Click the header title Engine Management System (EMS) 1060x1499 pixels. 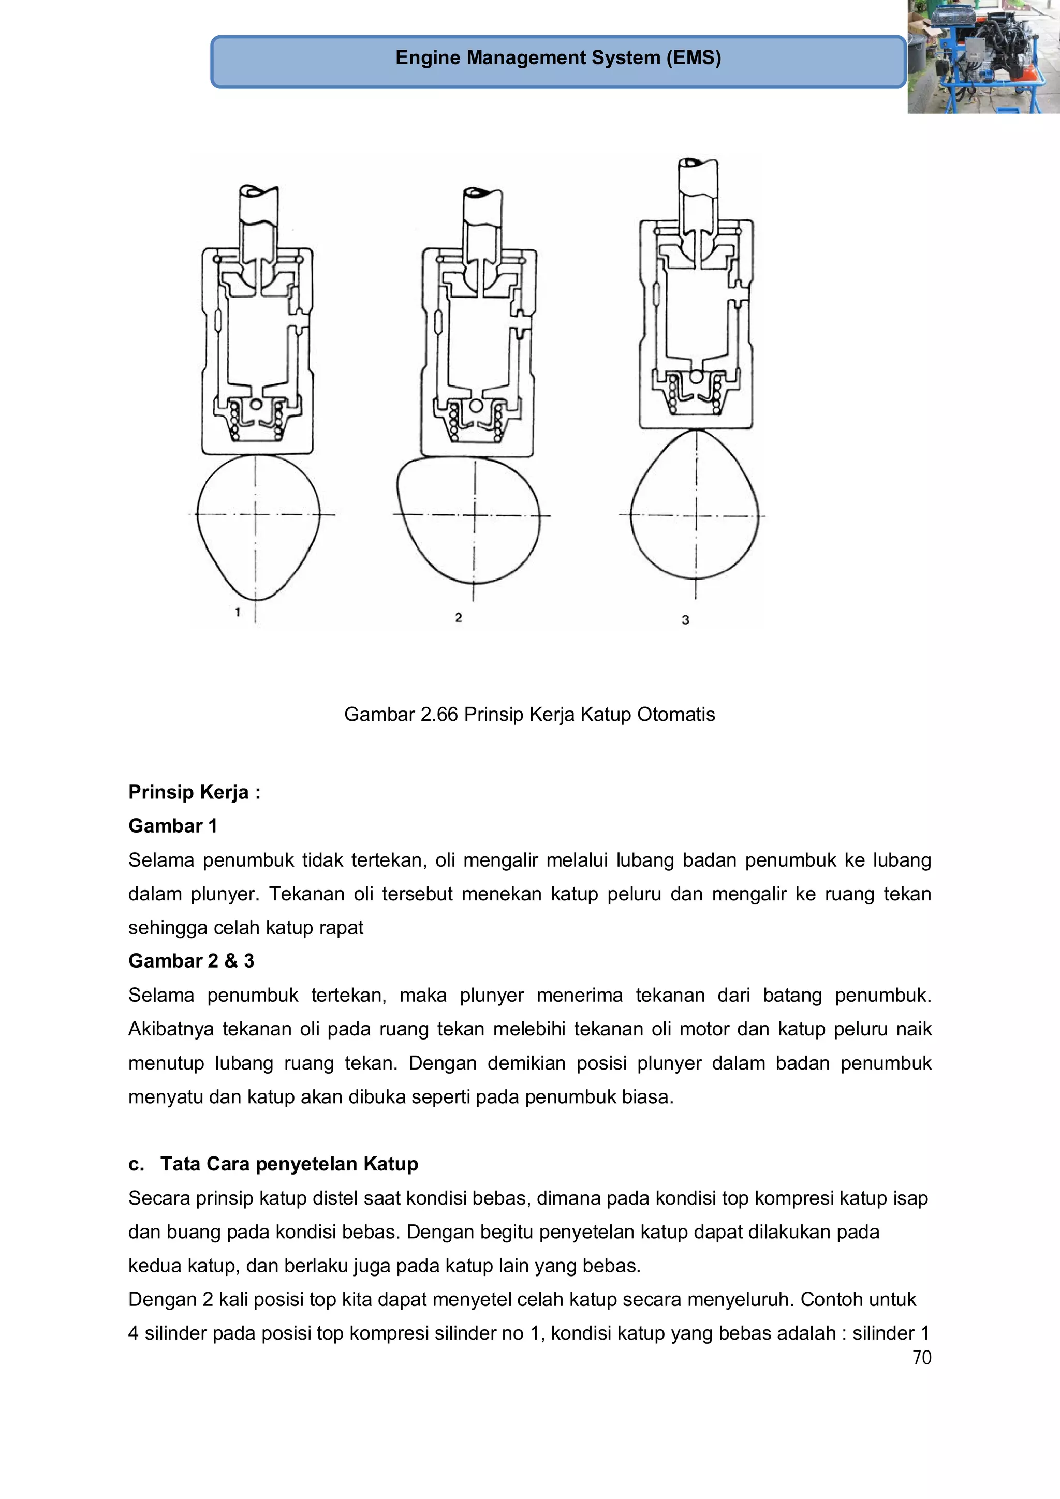[558, 58]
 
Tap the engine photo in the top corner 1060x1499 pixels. [983, 57]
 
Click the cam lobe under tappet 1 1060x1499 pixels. [258, 522]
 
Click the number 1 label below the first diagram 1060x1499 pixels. [238, 612]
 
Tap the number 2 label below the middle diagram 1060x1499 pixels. [459, 617]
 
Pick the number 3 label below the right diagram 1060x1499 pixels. [685, 619]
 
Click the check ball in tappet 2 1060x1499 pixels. [476, 406]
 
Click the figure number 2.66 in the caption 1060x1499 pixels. [439, 714]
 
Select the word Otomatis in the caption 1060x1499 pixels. [676, 714]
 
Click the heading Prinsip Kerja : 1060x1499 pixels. [194, 792]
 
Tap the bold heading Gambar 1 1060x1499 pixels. [172, 826]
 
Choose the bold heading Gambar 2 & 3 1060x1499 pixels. [190, 961]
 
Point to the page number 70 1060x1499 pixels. [921, 1358]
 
